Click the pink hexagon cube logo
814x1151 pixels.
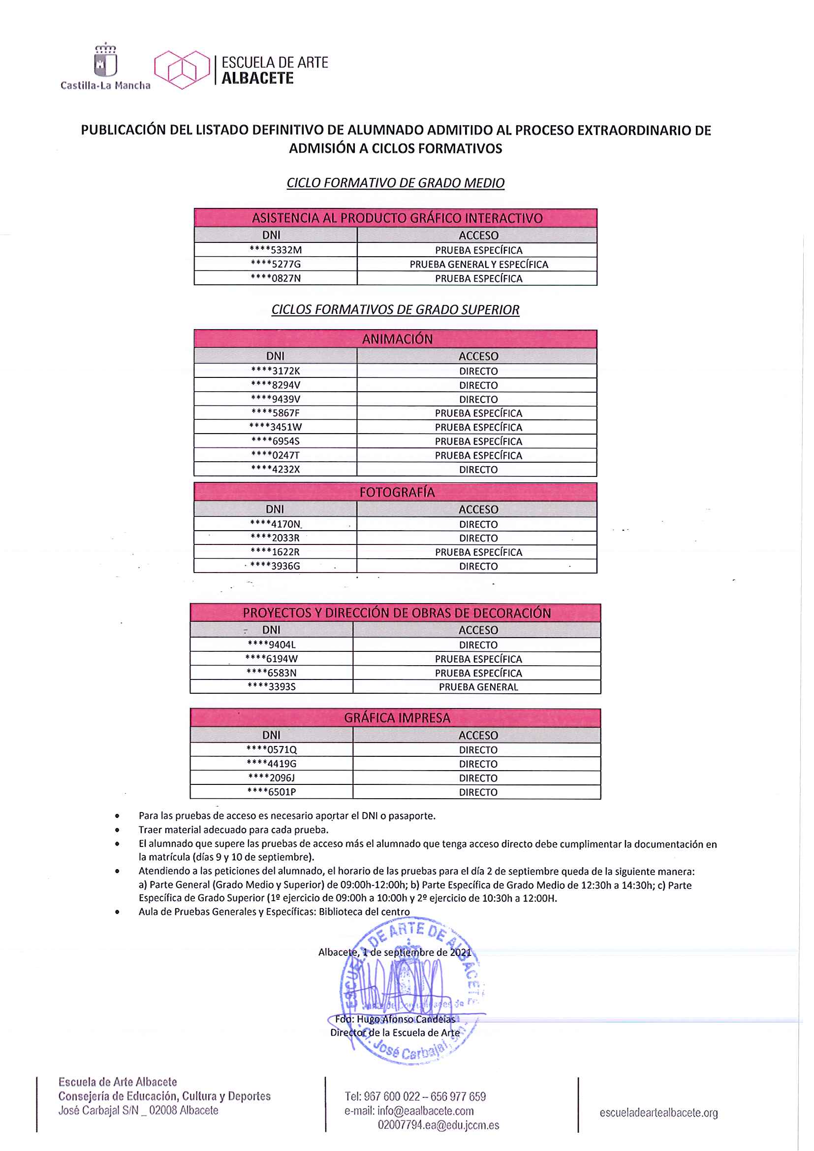point(182,70)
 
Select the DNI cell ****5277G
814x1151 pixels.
point(276,265)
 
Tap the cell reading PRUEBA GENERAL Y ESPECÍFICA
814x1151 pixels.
point(478,265)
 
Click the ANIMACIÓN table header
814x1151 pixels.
point(397,339)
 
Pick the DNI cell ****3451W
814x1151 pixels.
point(276,427)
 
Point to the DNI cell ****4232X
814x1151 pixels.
point(276,469)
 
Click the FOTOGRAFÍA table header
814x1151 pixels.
point(397,492)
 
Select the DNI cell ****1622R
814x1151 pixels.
point(275,552)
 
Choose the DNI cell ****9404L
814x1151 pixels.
point(272,645)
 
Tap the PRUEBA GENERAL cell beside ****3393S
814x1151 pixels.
point(478,687)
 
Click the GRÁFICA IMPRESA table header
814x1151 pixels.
point(397,718)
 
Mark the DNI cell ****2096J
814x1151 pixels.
point(272,778)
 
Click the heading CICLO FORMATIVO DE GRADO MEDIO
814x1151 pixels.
point(396,183)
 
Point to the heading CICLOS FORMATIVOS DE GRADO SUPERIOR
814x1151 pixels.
point(396,309)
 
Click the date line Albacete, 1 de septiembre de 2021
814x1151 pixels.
point(395,952)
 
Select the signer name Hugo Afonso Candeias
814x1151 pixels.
point(406,1019)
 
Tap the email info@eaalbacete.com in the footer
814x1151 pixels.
point(425,1111)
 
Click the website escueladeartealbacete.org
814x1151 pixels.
point(658,1113)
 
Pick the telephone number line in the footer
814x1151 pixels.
point(415,1097)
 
